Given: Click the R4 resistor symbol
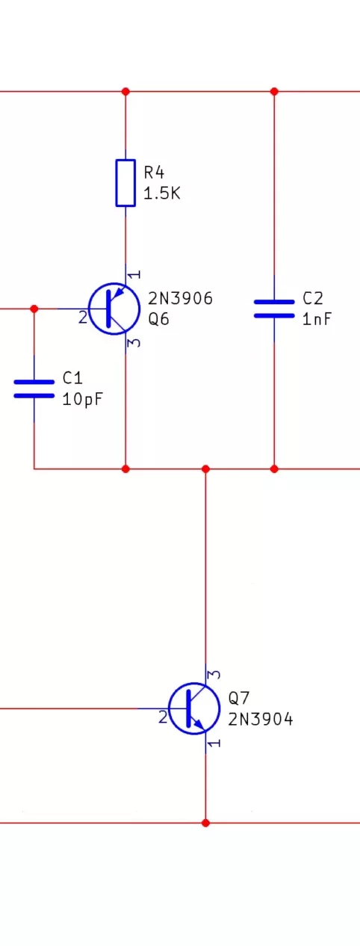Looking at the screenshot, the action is coord(125,183).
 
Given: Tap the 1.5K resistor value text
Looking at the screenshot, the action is coord(162,194).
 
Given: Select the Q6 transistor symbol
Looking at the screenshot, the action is coord(114,309).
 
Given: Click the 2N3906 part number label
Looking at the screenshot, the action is coord(180,299).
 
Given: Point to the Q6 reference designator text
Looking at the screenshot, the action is coord(158,319).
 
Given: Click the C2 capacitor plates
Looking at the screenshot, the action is coord(274,309).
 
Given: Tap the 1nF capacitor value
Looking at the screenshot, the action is coord(317,319).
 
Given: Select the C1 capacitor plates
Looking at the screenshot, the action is coord(34,389).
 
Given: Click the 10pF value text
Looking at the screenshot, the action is coord(83,400).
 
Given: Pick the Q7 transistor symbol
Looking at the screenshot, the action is coord(193,708).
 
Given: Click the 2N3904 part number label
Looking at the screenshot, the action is coord(261,719).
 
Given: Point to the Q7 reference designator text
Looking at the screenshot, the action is coord(239,698).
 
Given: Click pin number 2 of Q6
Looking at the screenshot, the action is coord(83,317).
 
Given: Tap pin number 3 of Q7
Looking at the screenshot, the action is coord(215,675).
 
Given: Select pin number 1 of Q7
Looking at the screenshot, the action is coord(215,743).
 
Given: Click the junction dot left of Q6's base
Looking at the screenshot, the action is coord(34,309).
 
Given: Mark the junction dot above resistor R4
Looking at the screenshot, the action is coord(125,91).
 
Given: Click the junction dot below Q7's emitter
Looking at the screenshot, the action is coord(205,823).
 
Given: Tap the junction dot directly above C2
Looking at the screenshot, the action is coord(274,91).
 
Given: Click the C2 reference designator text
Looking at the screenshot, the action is coord(313,299).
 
